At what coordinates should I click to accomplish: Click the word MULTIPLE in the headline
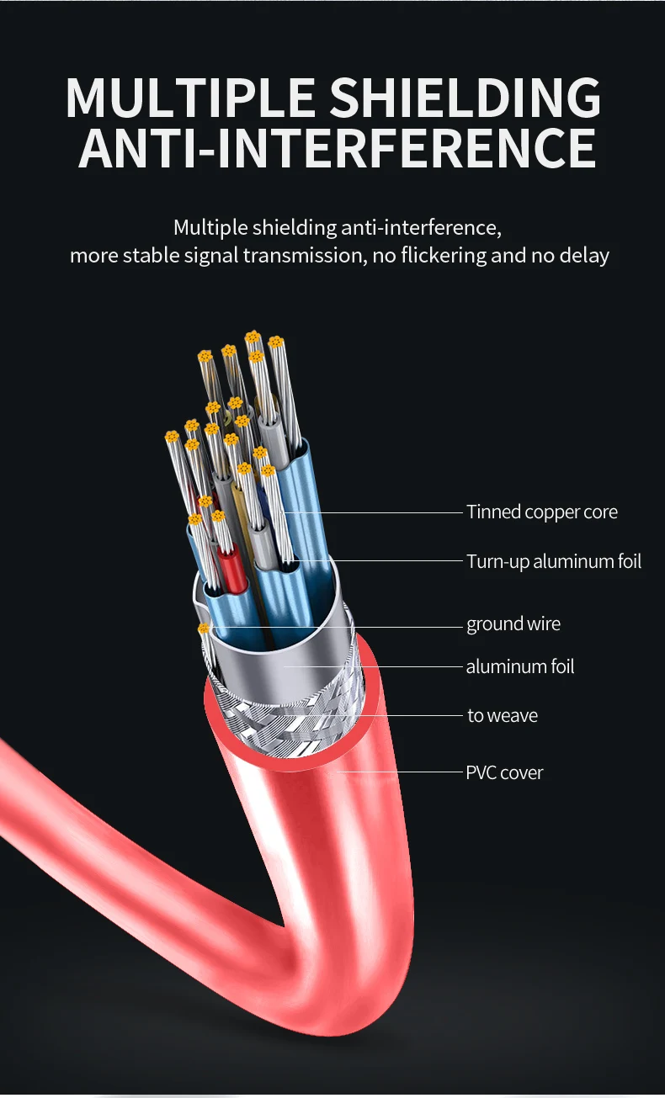pos(191,98)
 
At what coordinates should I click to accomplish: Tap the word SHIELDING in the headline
pos(465,98)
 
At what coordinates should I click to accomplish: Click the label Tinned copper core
pos(542,512)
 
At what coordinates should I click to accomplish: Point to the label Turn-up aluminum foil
pos(554,561)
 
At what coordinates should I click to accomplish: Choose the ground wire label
pos(513,624)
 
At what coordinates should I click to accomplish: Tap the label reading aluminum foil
pos(520,667)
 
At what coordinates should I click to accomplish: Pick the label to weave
pos(503,716)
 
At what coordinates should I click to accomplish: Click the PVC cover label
pos(504,772)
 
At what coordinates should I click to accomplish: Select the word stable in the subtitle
pos(154,256)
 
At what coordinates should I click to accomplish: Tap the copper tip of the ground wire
pos(203,629)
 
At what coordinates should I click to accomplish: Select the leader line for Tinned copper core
pos(379,512)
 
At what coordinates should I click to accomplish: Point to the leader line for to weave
pos(404,716)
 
